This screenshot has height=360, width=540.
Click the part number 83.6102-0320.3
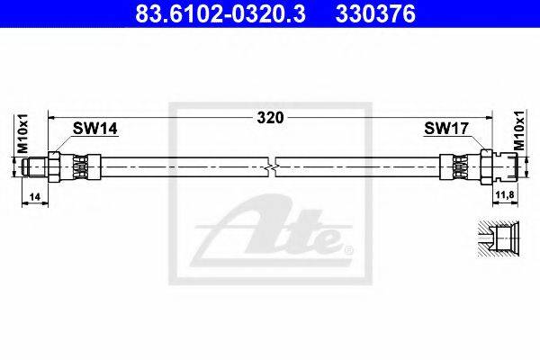[220, 13]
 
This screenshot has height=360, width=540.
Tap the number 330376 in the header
[375, 13]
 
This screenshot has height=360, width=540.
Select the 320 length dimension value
[271, 118]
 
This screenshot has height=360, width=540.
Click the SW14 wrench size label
[95, 129]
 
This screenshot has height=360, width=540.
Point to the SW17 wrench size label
[446, 129]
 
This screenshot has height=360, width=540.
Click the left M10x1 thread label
[22, 133]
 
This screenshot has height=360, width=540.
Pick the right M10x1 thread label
[519, 130]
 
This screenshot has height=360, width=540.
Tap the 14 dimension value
[35, 197]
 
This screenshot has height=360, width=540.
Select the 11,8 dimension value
[505, 195]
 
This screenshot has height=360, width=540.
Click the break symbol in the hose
[272, 167]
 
